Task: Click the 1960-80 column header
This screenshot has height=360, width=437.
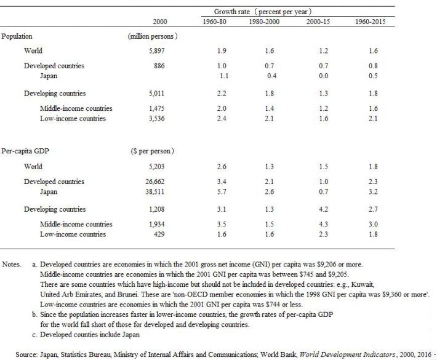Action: pos(214,22)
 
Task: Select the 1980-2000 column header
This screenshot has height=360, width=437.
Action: pos(264,22)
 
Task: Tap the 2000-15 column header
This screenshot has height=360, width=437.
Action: pos(318,22)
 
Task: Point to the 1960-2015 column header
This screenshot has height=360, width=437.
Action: pos(371,22)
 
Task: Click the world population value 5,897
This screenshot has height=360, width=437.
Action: pos(156,50)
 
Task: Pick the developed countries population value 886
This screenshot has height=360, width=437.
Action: pos(159,66)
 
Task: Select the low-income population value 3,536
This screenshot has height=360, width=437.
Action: pos(156,118)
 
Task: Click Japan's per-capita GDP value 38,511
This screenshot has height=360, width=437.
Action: pos(154,192)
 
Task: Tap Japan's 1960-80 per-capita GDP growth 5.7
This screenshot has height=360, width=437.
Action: pos(222,192)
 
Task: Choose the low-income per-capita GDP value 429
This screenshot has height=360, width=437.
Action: pos(159,234)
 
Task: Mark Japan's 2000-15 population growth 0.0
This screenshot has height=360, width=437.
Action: pos(324,76)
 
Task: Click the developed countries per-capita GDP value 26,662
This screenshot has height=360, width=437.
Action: pos(154,182)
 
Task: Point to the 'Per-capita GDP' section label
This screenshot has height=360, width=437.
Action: pos(25,151)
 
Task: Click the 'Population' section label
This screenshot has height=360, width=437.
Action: pos(17,36)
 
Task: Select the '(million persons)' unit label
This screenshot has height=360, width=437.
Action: pos(153,36)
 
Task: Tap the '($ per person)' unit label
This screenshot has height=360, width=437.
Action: pos(153,151)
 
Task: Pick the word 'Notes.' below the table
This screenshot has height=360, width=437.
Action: pos(12,265)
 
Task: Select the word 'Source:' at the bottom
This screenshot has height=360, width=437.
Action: pos(26,354)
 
